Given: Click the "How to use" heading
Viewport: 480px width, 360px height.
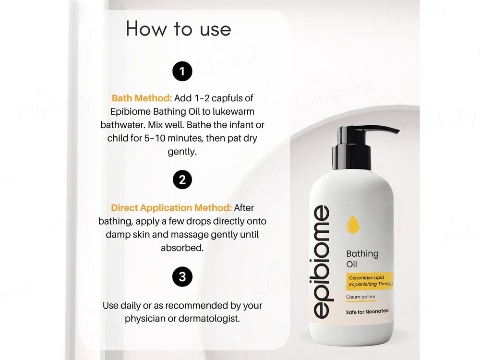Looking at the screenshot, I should point(178,29).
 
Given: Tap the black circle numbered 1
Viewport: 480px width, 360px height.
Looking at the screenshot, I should point(182,72).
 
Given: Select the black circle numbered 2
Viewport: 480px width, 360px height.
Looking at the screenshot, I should point(182,180).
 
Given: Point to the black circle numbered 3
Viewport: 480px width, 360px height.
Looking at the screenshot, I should point(182,277).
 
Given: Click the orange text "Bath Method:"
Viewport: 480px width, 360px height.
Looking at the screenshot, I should point(142,98).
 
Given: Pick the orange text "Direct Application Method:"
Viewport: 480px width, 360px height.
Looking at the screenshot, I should point(171,208).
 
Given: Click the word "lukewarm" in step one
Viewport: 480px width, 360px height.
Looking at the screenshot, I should point(234,111).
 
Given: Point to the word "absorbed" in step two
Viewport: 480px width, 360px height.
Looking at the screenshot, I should point(181,248).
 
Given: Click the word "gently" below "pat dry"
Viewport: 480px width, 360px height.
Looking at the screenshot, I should point(181,152).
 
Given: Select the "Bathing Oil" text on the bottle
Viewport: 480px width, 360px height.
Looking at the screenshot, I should point(362,258).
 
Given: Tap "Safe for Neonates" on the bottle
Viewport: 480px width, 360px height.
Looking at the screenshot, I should point(367,311).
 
